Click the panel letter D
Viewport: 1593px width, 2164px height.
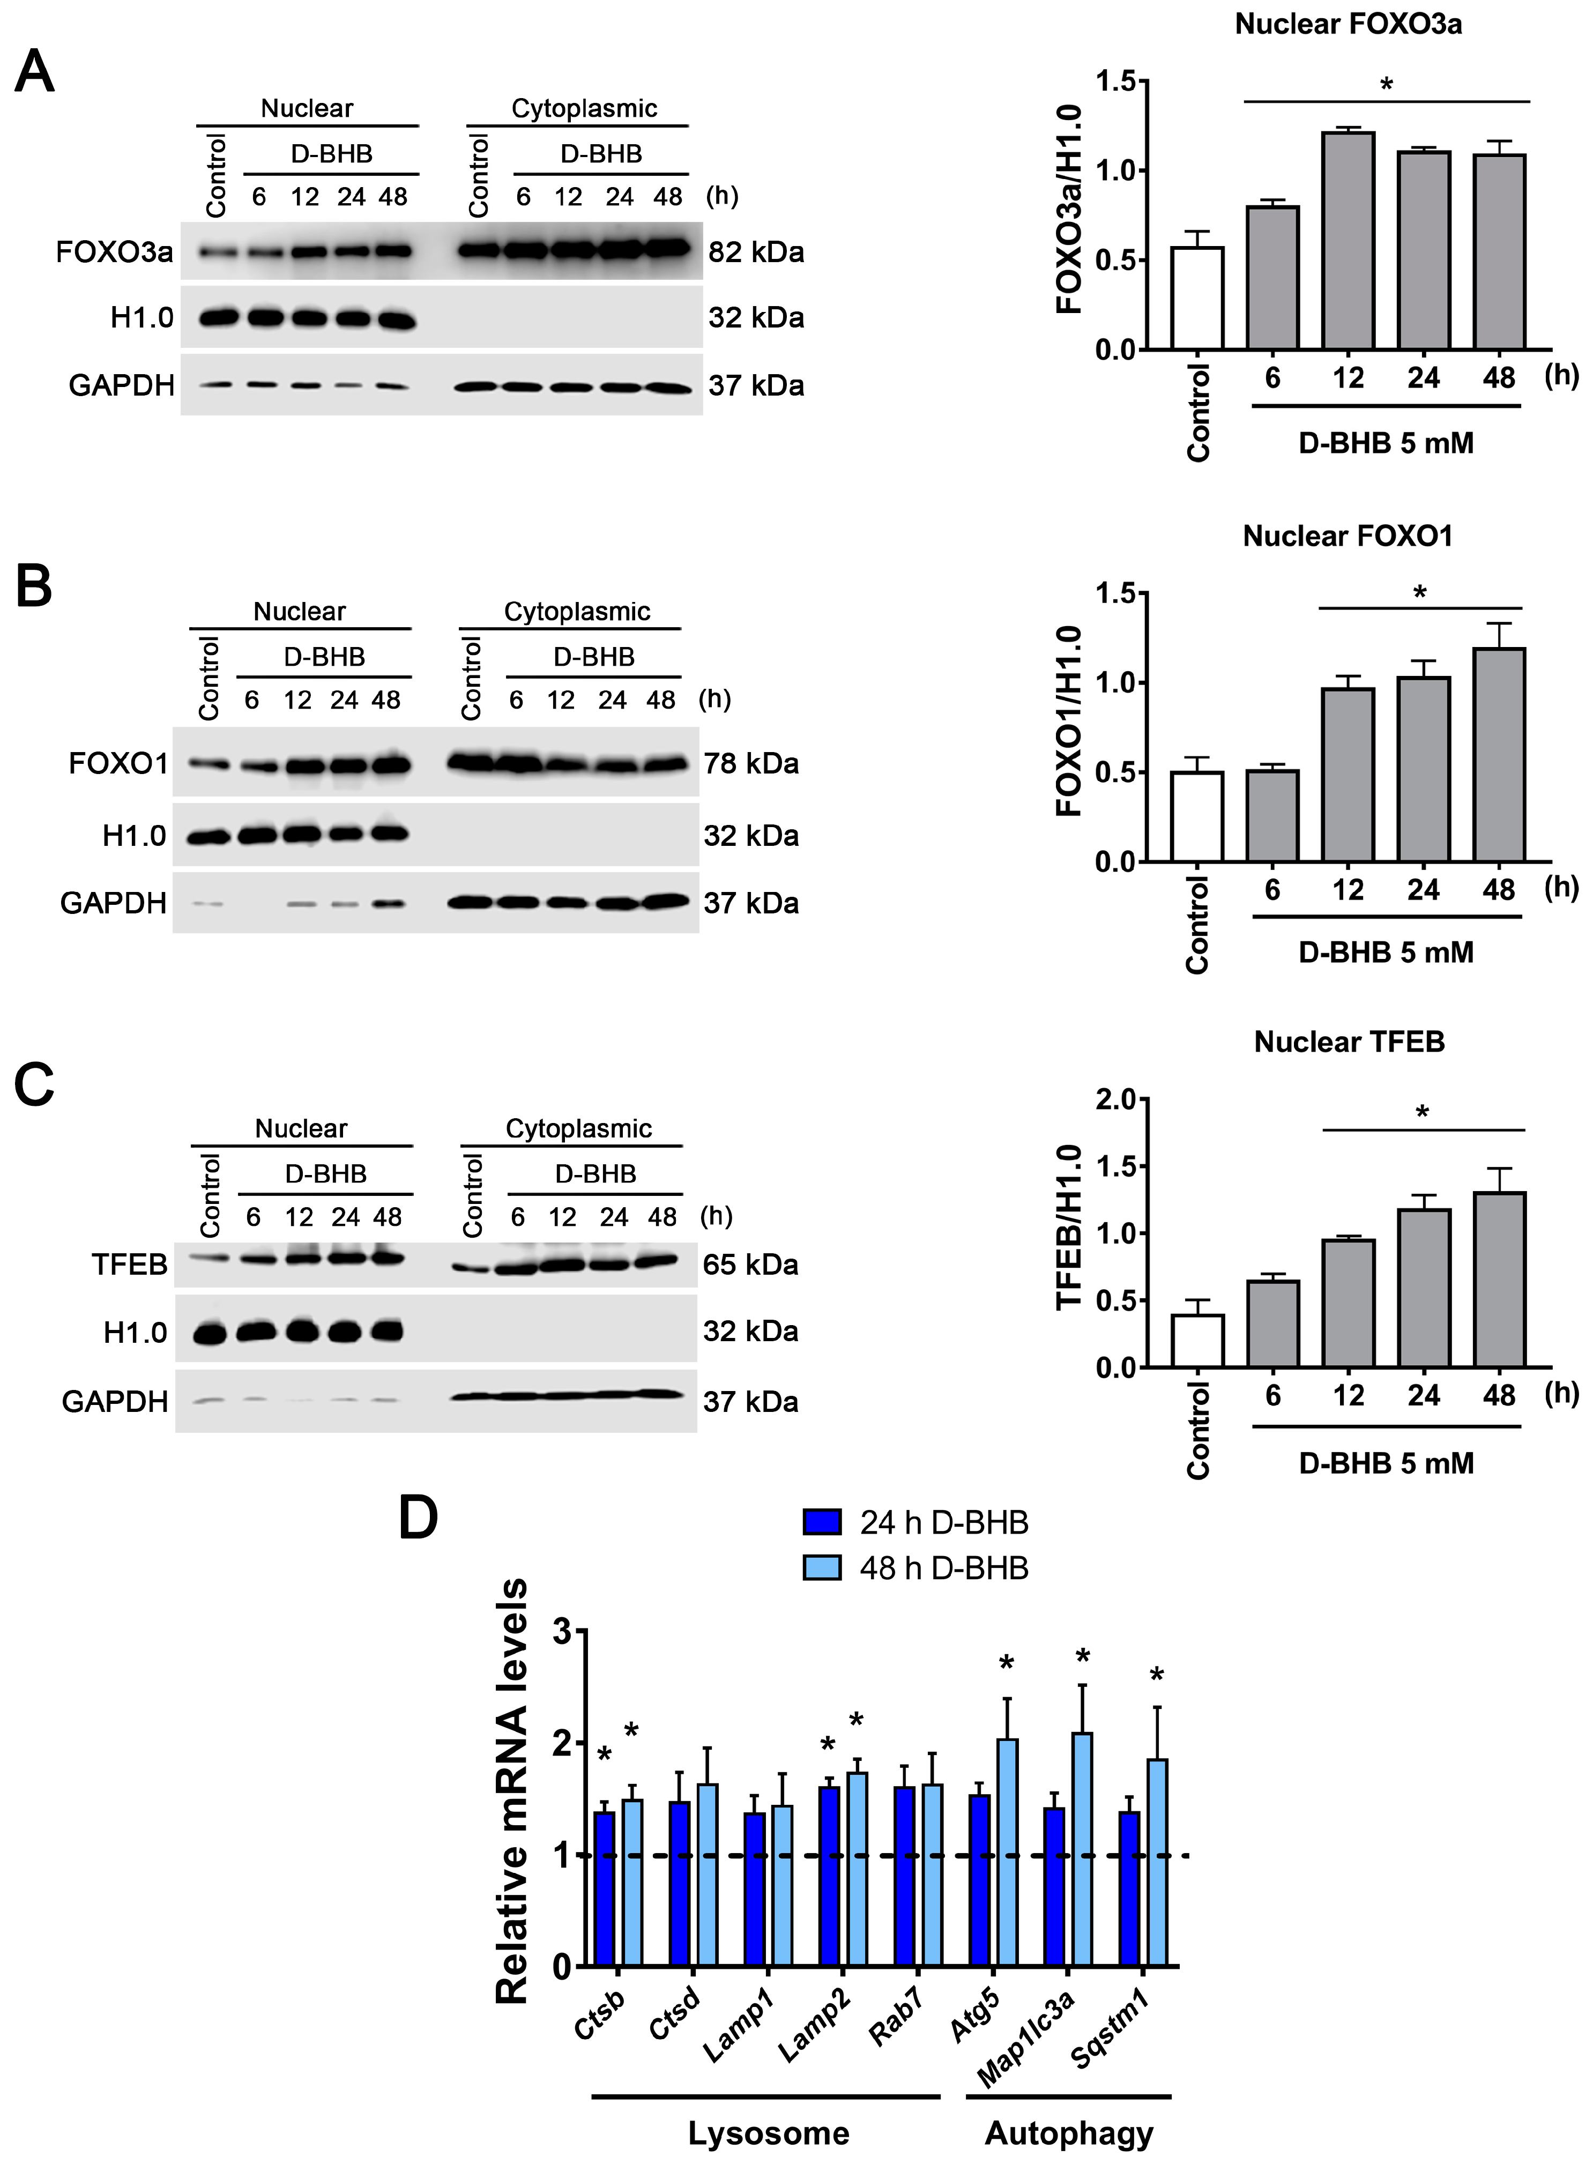pyautogui.click(x=419, y=1518)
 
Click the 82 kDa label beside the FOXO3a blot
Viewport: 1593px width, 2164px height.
pyautogui.click(x=756, y=252)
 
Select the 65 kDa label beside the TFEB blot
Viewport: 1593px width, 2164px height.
pyautogui.click(x=750, y=1265)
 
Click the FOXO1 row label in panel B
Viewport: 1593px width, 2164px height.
pyautogui.click(x=117, y=764)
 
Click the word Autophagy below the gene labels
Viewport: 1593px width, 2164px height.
pyautogui.click(x=1068, y=2133)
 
